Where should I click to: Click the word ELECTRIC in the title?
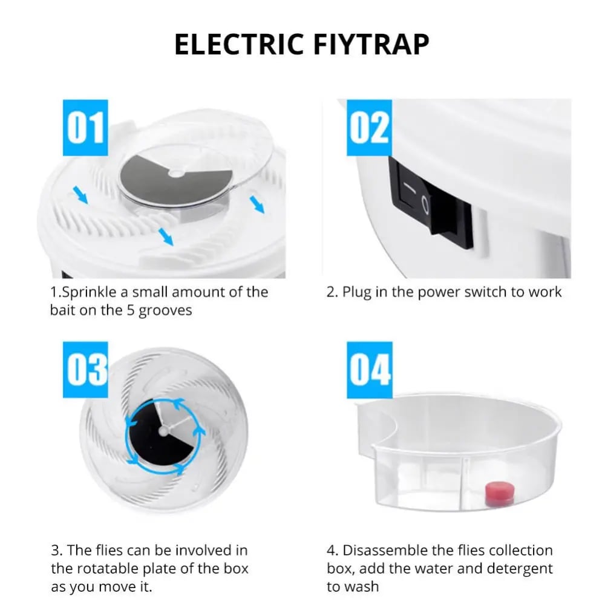click(239, 44)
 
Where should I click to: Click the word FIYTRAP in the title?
click(371, 44)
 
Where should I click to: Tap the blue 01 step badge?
click(85, 128)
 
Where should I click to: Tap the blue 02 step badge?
click(369, 128)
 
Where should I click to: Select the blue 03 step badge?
click(85, 370)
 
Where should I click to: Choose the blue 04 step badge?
click(369, 370)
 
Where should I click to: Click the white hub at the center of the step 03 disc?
click(163, 431)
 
